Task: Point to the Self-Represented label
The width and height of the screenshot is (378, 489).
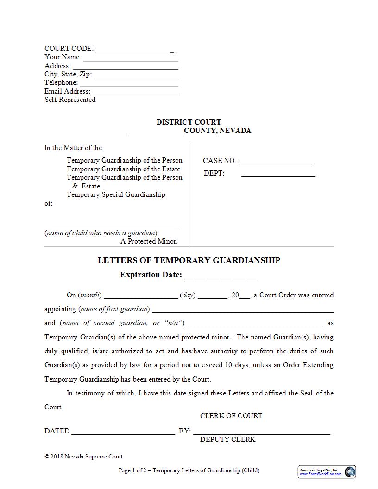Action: [x=70, y=100]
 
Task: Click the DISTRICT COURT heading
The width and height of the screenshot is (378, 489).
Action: [x=189, y=122]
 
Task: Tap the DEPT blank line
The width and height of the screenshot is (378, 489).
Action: [x=278, y=175]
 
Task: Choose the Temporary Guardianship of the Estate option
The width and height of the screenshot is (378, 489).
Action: [x=123, y=169]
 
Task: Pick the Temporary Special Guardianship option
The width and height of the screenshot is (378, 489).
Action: [x=116, y=194]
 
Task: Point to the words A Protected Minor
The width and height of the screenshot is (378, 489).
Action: [x=149, y=241]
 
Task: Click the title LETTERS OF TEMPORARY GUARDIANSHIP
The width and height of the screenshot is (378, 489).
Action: [x=189, y=260]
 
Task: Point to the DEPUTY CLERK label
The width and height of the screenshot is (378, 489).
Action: [x=227, y=439]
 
